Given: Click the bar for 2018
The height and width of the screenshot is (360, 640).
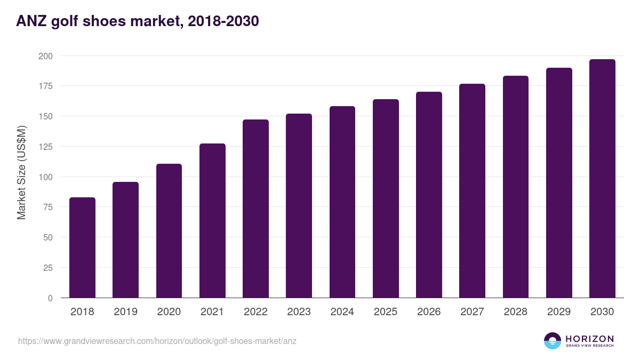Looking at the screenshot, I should pos(82,247).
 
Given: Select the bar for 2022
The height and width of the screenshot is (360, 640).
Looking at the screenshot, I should pos(255,209).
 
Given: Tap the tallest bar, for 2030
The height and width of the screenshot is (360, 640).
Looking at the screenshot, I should pos(602,179).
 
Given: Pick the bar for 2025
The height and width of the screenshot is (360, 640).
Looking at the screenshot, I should pos(386,198).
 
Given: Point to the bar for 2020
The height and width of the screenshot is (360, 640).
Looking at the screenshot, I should pos(169,231).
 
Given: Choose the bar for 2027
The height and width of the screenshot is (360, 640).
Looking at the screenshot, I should pos(472,191).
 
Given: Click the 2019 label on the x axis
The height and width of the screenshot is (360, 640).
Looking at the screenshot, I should pos(125,311).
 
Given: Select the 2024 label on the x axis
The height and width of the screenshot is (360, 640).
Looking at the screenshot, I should pos(342,311).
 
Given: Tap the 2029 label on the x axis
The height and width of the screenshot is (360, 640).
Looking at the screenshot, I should pos(559,311).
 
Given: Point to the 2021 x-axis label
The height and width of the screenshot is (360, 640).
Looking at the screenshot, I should pos(212,311).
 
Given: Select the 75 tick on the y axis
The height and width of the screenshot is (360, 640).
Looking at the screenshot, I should pos(47,207).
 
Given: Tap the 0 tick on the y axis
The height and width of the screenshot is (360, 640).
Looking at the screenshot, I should pos(50,298).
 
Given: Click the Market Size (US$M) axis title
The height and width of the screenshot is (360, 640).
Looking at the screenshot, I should pos(21,172).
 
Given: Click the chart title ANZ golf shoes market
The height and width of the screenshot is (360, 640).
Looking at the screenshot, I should pos(138,21).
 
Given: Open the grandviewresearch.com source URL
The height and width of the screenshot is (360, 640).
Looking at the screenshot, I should pos(157,341).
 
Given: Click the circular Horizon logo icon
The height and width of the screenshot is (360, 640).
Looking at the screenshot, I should pos(553,341).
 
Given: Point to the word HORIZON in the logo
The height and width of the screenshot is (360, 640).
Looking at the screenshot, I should pos(589,339).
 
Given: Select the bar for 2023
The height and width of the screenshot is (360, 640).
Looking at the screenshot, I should pos(299,206).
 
